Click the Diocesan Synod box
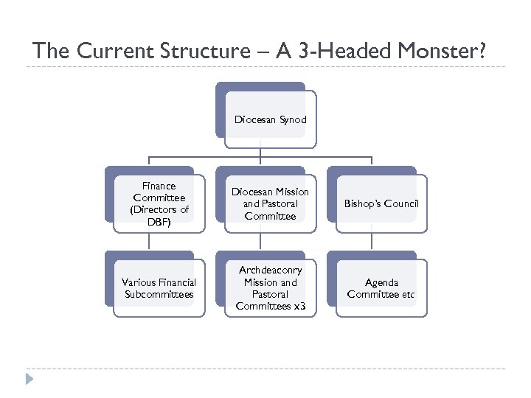(x=271, y=119)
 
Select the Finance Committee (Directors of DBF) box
(x=159, y=204)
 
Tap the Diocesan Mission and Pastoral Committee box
(x=270, y=204)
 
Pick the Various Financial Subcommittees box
(x=159, y=288)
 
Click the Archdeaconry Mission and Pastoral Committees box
(x=270, y=288)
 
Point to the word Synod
(x=293, y=119)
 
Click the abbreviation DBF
(x=159, y=222)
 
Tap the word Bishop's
(x=362, y=204)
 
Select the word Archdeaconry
(x=271, y=270)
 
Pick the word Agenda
(x=382, y=282)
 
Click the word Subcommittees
(x=159, y=295)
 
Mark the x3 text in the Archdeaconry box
(x=298, y=306)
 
